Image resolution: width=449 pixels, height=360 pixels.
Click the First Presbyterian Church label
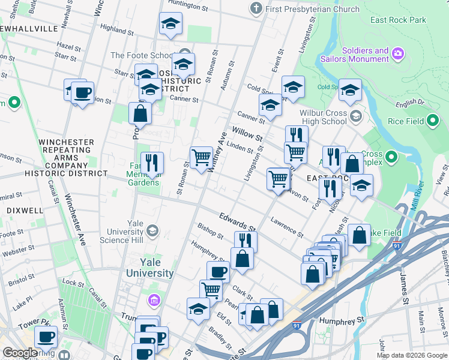click(312, 9)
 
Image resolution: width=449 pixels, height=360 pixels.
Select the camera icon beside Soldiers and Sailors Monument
click(397, 55)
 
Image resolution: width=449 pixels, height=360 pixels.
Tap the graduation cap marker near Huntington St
click(170, 24)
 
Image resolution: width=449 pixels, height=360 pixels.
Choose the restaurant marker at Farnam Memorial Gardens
click(151, 162)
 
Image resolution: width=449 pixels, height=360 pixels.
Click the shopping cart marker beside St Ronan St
click(202, 158)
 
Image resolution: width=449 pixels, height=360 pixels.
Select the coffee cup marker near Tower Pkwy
click(46, 337)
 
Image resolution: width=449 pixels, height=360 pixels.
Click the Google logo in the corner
click(20, 353)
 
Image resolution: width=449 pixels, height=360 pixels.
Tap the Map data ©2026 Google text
click(411, 355)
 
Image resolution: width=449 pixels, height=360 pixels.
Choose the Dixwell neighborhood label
click(25, 211)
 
